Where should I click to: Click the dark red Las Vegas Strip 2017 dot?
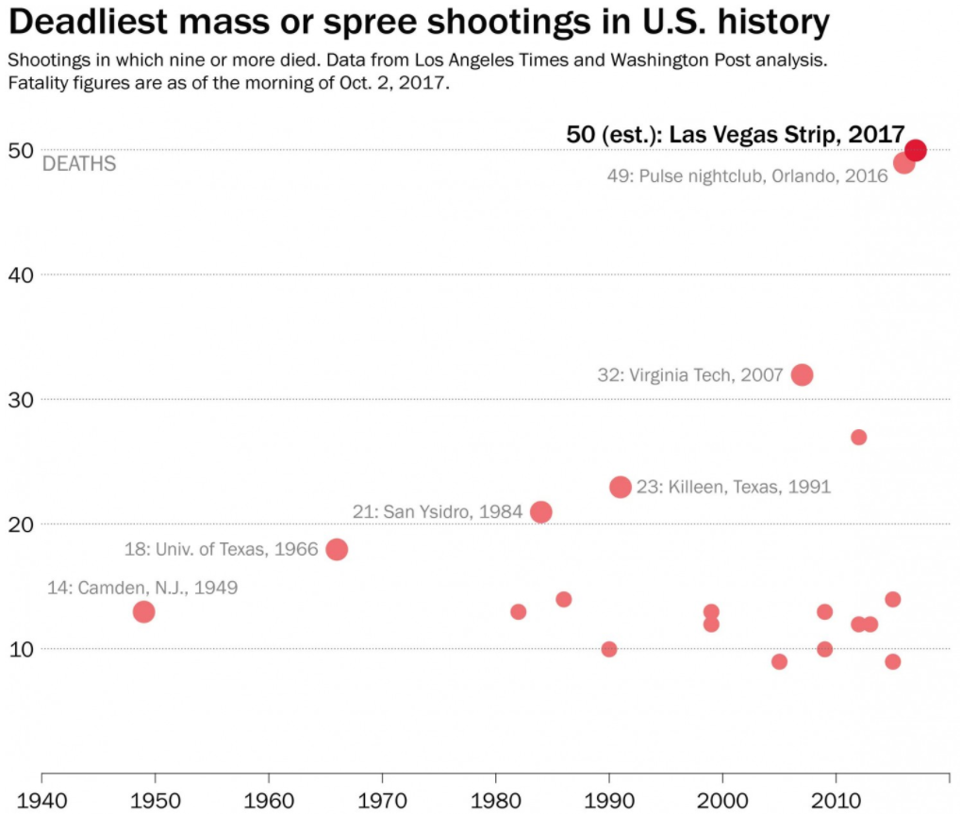pyautogui.click(x=915, y=150)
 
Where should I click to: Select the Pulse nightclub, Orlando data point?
pyautogui.click(x=903, y=162)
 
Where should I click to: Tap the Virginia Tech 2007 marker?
pyautogui.click(x=802, y=374)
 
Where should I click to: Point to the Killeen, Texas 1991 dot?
pyautogui.click(x=621, y=487)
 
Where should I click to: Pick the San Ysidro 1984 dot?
pyautogui.click(x=541, y=511)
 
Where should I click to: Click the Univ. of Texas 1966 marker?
pyautogui.click(x=337, y=549)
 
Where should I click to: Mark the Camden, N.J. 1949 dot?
pyautogui.click(x=143, y=611)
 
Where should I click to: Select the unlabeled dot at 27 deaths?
pyautogui.click(x=858, y=437)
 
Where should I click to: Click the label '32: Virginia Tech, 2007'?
pyautogui.click(x=690, y=375)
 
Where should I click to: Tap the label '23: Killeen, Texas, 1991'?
pyautogui.click(x=734, y=488)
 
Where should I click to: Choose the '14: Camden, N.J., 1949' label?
pyautogui.click(x=142, y=588)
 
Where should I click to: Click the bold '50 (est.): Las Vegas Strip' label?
pyautogui.click(x=736, y=135)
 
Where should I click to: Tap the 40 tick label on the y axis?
pyautogui.click(x=23, y=274)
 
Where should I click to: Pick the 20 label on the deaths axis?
pyautogui.click(x=23, y=524)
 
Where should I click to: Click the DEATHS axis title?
pyautogui.click(x=79, y=164)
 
